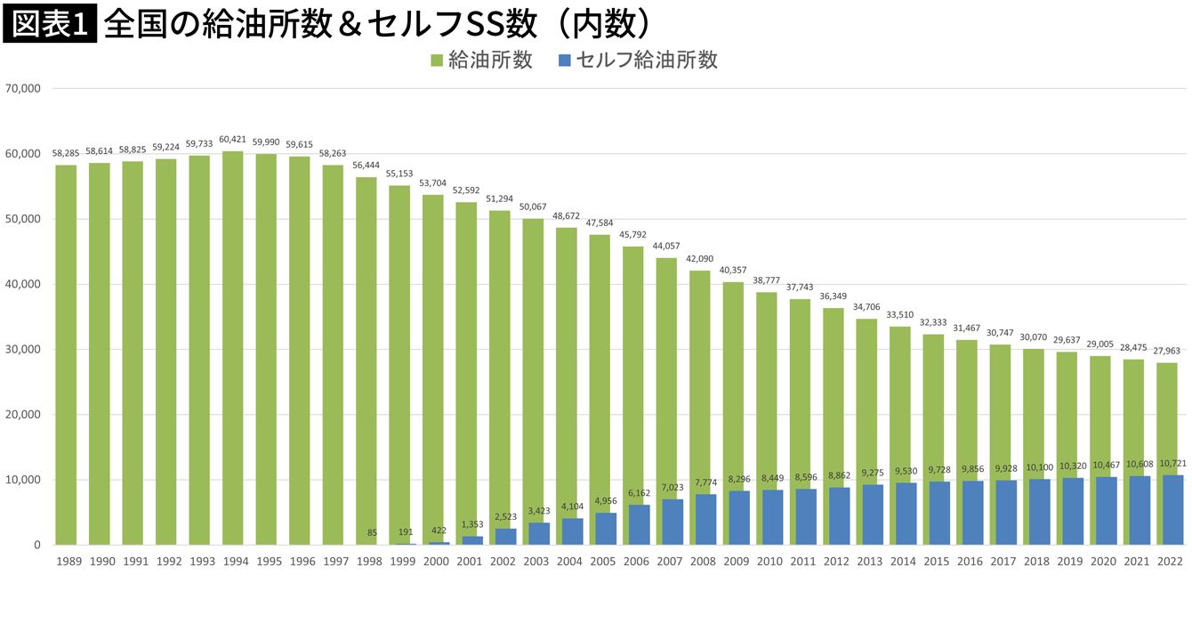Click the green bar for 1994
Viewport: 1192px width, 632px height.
(233, 347)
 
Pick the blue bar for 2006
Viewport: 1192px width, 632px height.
(639, 525)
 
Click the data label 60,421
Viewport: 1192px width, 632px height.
(233, 139)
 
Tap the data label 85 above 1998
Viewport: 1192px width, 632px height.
(372, 532)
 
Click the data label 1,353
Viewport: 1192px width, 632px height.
(471, 524)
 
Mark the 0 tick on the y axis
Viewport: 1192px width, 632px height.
(36, 545)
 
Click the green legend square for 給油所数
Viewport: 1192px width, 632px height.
(437, 61)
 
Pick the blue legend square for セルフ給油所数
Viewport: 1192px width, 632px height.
(564, 61)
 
